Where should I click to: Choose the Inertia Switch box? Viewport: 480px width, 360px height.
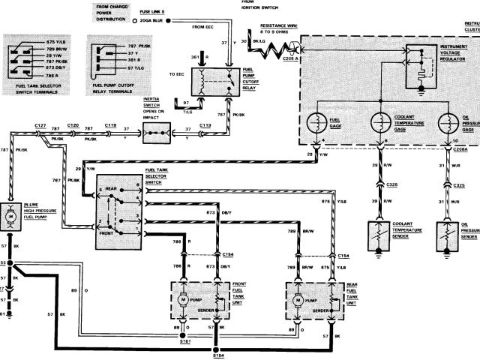pyautogui.click(x=157, y=136)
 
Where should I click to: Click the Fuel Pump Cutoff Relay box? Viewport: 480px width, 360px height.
pyautogui.click(x=213, y=84)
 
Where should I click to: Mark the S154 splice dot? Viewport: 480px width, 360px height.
pyautogui.click(x=217, y=351)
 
